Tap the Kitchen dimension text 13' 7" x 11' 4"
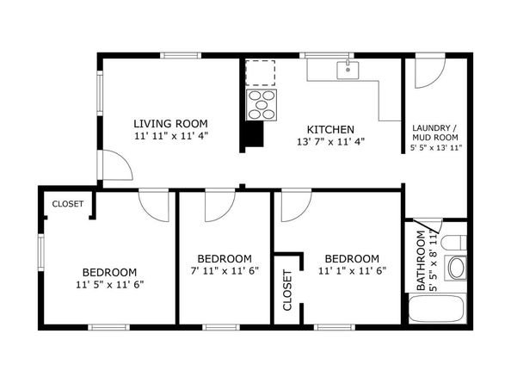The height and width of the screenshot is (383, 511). coord(326,142)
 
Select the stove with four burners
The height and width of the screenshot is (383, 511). coord(262,105)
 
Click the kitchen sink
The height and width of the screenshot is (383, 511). coord(348,70)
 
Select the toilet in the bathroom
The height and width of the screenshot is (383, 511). coord(456,266)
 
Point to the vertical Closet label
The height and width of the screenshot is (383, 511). coord(287,290)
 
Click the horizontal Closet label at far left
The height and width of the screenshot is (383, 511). coord(68,204)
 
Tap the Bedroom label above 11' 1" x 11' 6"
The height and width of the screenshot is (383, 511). coord(352,259)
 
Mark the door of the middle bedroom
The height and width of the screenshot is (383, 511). coord(219,205)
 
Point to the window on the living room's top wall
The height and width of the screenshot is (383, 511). coord(181,56)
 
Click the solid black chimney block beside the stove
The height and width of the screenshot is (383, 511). coord(253,135)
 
